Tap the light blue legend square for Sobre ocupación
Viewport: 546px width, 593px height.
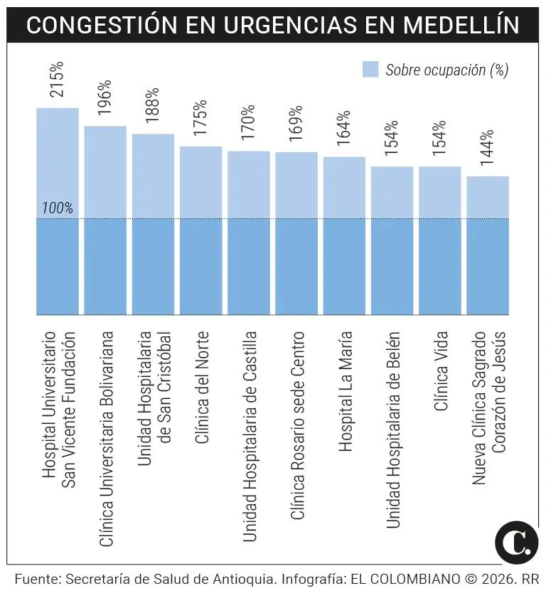370,69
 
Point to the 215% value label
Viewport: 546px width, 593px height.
57,79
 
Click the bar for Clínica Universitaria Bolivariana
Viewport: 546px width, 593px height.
105,220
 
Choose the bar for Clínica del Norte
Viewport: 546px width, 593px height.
200,230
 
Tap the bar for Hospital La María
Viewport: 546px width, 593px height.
344,235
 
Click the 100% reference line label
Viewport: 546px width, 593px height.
58,208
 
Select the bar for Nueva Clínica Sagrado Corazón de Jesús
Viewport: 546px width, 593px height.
488,245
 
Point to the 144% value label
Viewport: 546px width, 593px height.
487,148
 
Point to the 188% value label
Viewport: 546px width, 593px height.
153,106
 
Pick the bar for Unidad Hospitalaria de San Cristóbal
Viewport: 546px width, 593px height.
153,224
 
